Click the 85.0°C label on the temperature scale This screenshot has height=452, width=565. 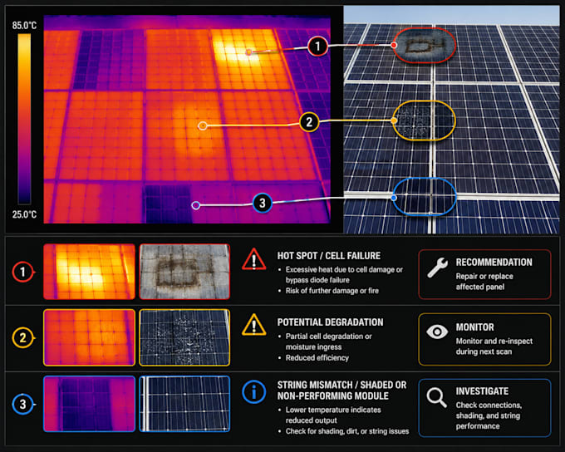(24, 25)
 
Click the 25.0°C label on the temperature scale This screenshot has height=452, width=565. (24, 214)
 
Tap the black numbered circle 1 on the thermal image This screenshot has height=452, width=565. (317, 47)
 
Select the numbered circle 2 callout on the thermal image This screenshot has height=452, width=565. (309, 122)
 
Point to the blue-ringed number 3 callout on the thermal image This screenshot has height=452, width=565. (263, 203)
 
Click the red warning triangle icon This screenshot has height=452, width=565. (254, 259)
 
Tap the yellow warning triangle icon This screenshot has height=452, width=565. (254, 325)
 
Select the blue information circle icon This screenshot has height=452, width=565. (254, 392)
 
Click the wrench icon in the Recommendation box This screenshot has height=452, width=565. (437, 268)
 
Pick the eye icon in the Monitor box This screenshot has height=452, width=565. (437, 332)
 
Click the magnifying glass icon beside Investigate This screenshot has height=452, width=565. (437, 397)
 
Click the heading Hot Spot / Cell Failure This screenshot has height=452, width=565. (329, 256)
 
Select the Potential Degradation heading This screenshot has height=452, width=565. (330, 322)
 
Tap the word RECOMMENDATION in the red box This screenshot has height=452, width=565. (494, 263)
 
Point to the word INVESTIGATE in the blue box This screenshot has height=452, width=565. (482, 391)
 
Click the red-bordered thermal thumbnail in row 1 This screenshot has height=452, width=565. (90, 272)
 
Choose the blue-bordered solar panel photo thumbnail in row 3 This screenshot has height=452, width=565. (184, 404)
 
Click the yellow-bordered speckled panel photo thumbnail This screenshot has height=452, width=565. (184, 337)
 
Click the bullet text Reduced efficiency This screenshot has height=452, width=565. (317, 358)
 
